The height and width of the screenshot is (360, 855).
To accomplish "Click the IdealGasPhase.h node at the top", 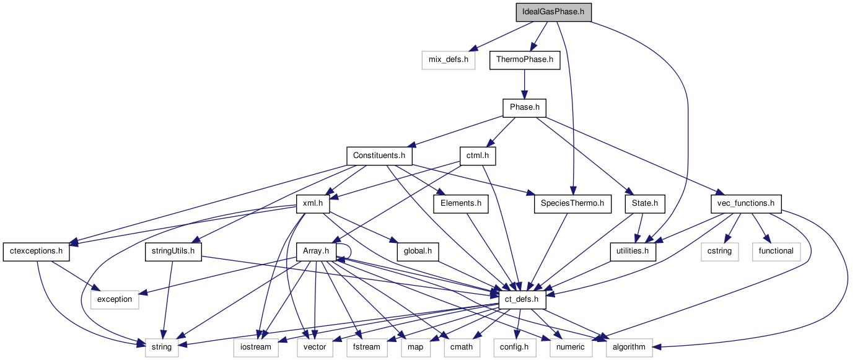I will [553, 12].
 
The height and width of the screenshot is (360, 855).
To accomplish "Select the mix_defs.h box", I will [448, 60].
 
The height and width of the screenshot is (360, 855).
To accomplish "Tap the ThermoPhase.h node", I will [525, 60].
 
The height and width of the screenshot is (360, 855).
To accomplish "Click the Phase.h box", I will [524, 108].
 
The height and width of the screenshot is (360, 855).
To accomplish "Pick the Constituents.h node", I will [379, 156].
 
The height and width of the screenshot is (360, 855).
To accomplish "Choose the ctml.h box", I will [478, 156].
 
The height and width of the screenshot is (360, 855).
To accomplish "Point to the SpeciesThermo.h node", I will [572, 203].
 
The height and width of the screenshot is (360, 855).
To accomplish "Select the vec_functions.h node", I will [745, 203].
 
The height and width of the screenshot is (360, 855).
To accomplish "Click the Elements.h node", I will [461, 203].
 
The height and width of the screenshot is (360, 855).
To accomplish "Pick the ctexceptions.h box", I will [37, 251].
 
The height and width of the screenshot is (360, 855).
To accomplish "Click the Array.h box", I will [315, 251].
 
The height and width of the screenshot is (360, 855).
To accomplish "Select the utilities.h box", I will [633, 251].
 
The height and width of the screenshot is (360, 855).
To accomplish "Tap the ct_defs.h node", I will [522, 299].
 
